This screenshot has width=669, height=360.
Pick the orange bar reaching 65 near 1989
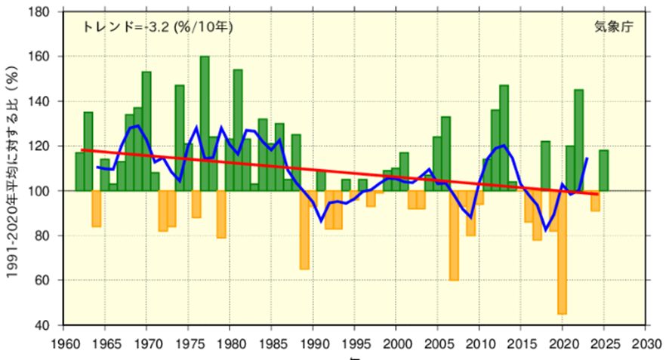[304, 229]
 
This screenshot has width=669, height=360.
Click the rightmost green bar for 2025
[604, 171]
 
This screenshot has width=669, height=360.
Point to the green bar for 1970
[146, 131]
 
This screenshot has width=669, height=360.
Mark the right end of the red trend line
[599, 194]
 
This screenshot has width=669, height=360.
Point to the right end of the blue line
[587, 158]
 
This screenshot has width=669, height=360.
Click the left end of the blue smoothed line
[97, 167]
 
